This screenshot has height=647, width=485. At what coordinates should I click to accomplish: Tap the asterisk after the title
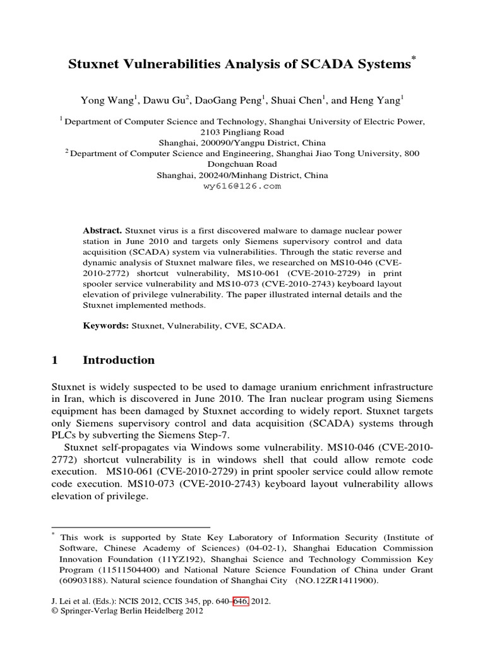click(414, 59)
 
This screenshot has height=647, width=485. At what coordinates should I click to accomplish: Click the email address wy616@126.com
click(242, 186)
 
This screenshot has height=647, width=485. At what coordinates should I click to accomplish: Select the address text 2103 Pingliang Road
click(242, 132)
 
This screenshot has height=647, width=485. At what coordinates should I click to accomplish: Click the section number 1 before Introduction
click(54, 360)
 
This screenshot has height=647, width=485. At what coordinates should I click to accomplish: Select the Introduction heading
click(119, 360)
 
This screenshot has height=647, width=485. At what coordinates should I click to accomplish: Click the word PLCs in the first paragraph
click(63, 436)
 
